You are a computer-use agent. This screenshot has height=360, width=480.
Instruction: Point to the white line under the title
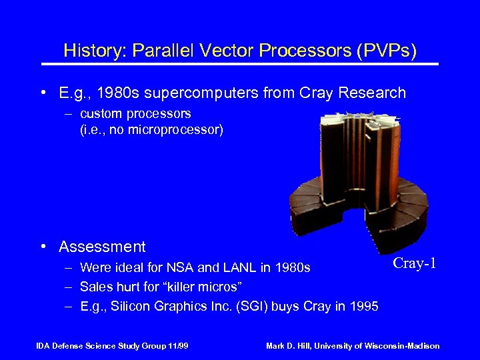coord(240,64)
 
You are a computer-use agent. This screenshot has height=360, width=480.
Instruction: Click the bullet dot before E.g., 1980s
coord(43,93)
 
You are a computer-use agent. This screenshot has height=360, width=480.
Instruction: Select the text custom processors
coord(135,114)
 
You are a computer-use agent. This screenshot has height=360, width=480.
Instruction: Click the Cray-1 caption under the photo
coord(415,263)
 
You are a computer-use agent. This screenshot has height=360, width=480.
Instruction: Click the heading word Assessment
coord(102,247)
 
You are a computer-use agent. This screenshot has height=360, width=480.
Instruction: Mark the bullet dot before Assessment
coord(43,247)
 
